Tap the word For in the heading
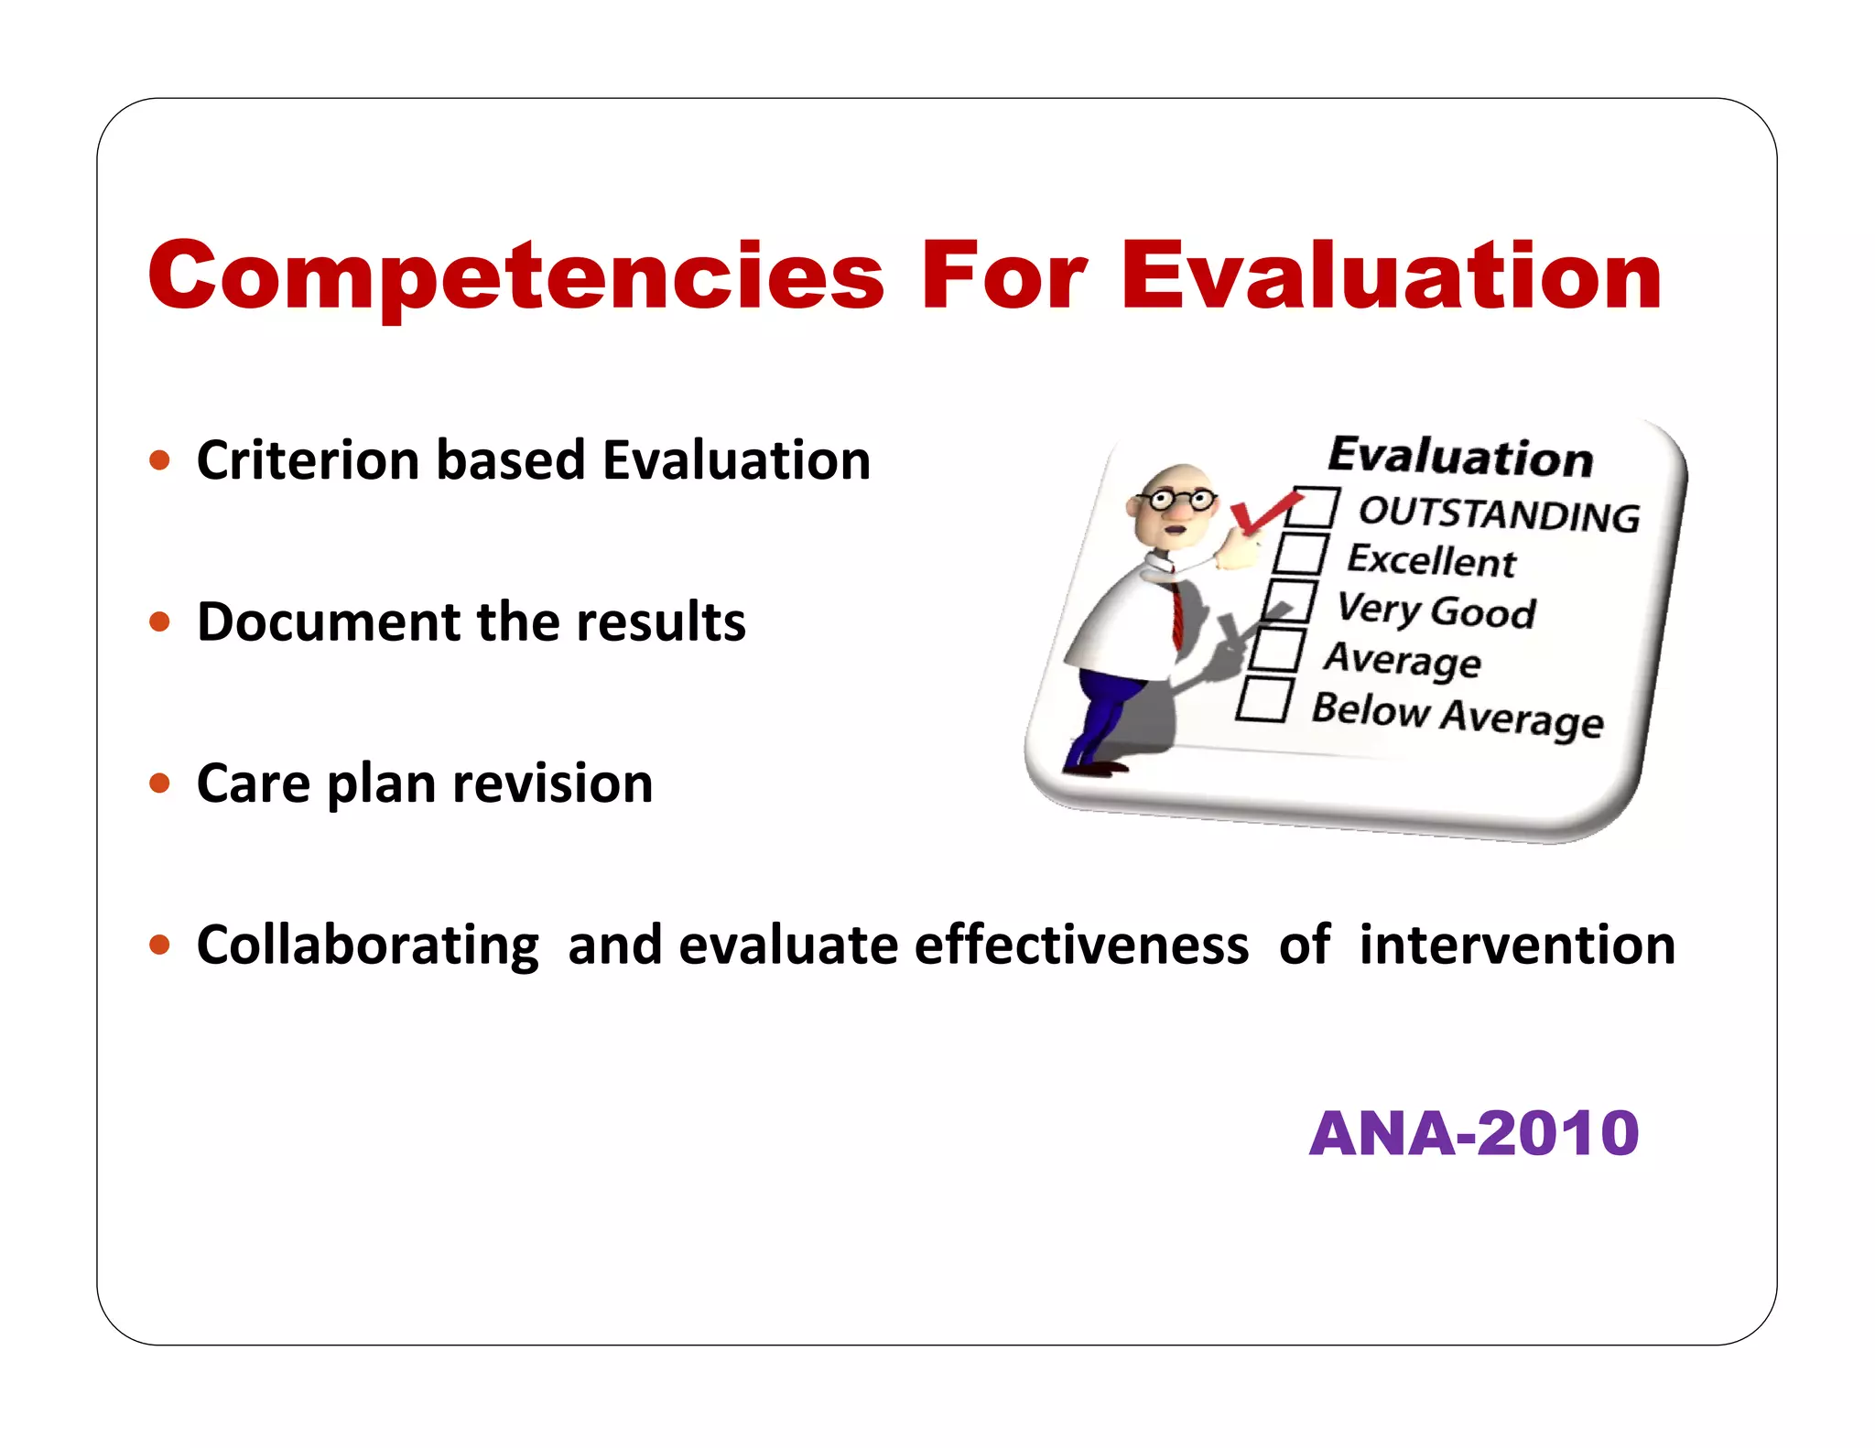[x=1003, y=276]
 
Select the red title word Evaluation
[x=1390, y=276]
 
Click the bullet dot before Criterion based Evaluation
[x=160, y=459]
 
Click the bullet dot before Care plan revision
[x=160, y=783]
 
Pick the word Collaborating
[x=367, y=945]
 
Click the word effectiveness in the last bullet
[x=1081, y=945]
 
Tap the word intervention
[x=1517, y=945]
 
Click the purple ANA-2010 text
[x=1473, y=1133]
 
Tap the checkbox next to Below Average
[x=1263, y=700]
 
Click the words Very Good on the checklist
[x=1436, y=610]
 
